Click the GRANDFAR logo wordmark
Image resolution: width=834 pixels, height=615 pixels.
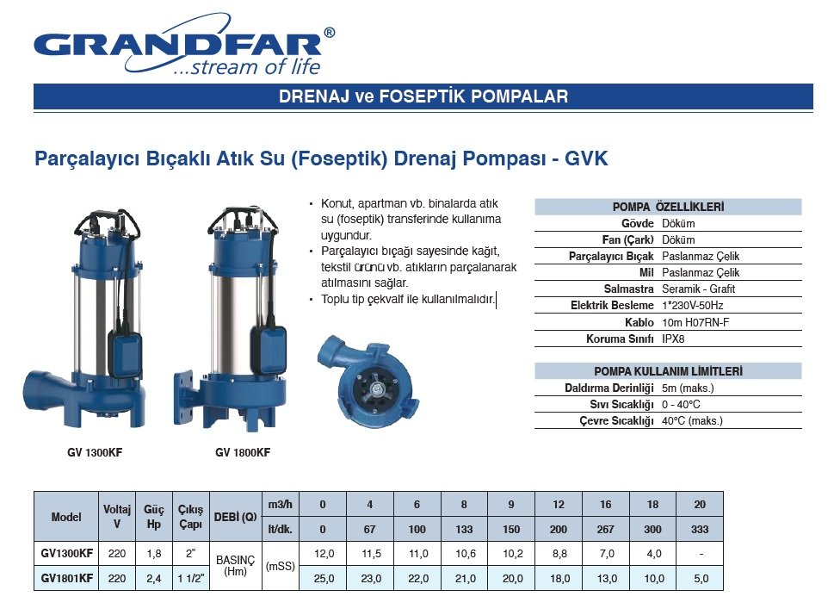click(177, 46)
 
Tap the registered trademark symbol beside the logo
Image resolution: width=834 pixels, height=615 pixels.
click(330, 33)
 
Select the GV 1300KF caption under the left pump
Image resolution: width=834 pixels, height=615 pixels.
click(95, 452)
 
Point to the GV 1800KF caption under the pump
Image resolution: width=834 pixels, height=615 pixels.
click(243, 452)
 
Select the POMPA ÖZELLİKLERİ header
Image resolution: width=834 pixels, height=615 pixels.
click(668, 207)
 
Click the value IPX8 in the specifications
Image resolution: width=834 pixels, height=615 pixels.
click(673, 339)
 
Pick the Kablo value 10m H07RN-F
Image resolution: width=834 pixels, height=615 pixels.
click(695, 322)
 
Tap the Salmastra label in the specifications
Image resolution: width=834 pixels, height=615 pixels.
click(628, 289)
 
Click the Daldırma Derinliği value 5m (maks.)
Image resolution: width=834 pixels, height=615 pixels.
click(688, 388)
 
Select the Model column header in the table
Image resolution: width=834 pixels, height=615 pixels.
click(66, 517)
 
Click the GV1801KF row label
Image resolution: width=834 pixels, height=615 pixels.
click(67, 578)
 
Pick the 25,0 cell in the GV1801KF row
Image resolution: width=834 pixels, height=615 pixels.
click(324, 578)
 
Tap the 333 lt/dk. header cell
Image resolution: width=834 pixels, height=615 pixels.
click(700, 529)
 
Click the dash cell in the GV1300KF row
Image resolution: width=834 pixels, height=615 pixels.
click(701, 554)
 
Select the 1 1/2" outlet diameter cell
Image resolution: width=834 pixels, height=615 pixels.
click(191, 578)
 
